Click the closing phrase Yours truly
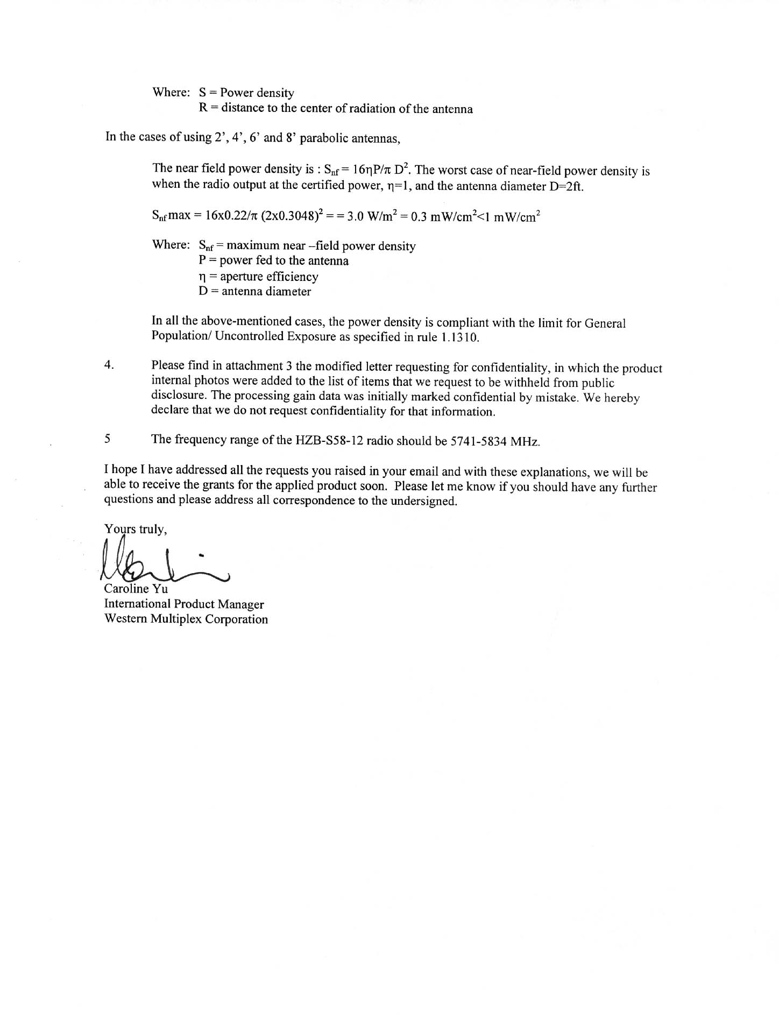136,530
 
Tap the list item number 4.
109,365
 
